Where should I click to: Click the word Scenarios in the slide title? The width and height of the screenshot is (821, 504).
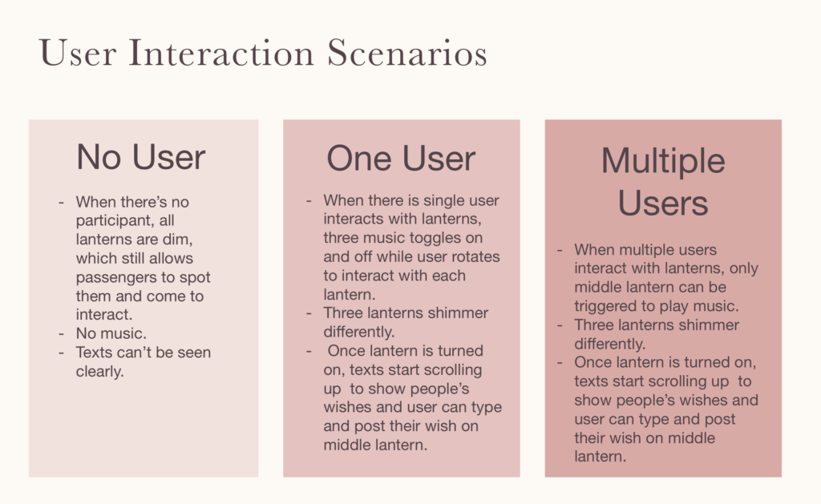coord(407,53)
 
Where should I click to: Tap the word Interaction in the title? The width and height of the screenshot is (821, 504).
coord(221,53)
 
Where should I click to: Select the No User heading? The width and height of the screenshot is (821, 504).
coord(141,157)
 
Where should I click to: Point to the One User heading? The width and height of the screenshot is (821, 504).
coord(401,158)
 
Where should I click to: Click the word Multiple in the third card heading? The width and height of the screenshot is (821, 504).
coord(663,162)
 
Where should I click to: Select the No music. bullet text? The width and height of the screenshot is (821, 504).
coord(111,333)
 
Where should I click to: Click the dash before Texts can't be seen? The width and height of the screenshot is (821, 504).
coord(61,353)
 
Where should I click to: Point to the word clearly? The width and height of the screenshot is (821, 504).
coord(99,372)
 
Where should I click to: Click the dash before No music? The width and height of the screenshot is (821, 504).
coord(61,334)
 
